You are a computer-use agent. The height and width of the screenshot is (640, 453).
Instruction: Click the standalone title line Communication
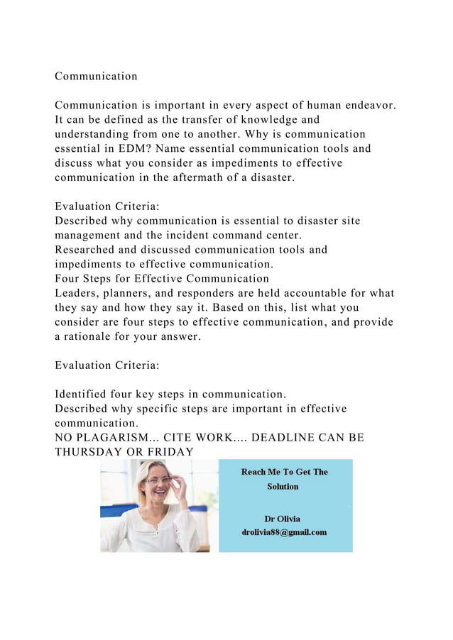point(96,76)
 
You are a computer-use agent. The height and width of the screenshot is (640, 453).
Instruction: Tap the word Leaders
point(77,294)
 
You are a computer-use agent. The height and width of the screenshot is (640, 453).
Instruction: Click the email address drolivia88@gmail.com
point(285,532)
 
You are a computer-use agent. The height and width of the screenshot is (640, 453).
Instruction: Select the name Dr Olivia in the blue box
point(283,519)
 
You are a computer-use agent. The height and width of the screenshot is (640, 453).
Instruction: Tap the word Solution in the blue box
point(283,486)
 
